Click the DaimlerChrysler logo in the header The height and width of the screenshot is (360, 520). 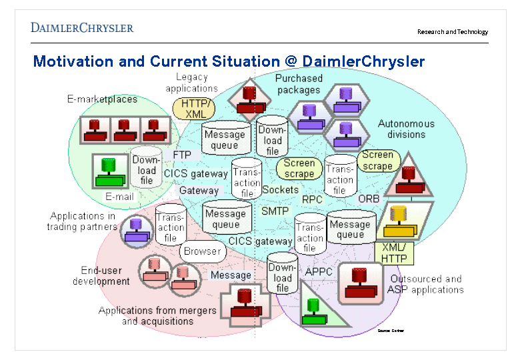tap(82, 27)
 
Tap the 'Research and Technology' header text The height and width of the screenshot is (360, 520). tap(452, 32)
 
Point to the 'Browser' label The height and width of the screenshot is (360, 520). tap(201, 251)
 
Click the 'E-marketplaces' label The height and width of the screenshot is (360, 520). tap(102, 99)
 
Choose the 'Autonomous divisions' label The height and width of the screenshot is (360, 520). tap(406, 129)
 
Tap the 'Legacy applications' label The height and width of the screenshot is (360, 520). tap(191, 83)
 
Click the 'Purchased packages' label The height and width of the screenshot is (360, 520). tap(299, 84)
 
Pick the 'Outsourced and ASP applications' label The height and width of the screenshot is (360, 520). tap(425, 284)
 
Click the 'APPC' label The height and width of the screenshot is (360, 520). tap(319, 271)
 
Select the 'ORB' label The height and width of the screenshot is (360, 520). tap(369, 199)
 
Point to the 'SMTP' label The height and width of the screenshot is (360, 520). tap(274, 211)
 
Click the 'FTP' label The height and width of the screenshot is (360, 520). tap(182, 155)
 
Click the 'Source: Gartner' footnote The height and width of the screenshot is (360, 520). tap(391, 331)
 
